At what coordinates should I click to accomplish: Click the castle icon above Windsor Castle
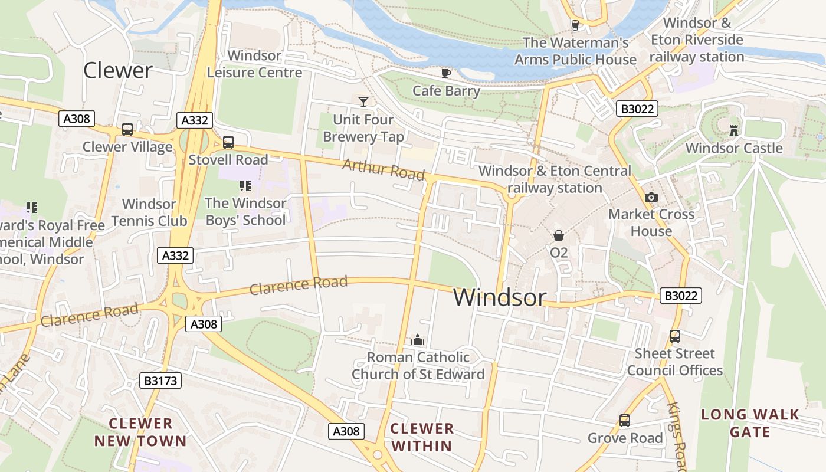pos(734,130)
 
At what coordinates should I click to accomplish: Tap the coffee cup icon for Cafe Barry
pos(446,73)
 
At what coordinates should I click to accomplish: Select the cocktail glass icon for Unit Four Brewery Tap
pos(363,101)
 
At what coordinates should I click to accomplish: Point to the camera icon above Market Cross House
pos(651,197)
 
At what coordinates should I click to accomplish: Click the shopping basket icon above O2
pos(559,235)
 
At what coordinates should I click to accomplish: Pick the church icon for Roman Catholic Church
pos(418,340)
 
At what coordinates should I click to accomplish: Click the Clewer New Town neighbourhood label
pos(140,432)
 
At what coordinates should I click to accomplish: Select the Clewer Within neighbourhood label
pos(422,437)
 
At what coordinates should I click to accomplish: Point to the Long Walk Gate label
pos(749,423)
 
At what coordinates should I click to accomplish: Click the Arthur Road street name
pos(383,169)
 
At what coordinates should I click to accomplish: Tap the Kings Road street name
pos(677,437)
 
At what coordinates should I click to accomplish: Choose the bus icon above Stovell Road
pos(228,142)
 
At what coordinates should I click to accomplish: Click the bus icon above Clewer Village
pos(127,129)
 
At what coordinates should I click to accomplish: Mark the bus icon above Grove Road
pos(625,421)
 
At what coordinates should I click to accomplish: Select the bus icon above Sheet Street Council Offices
pos(675,336)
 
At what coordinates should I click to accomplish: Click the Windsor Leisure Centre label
pos(254,64)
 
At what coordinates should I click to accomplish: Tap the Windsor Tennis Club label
pos(149,212)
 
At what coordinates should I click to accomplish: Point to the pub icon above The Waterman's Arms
pos(575,25)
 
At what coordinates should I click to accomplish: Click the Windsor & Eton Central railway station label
pos(555,179)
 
